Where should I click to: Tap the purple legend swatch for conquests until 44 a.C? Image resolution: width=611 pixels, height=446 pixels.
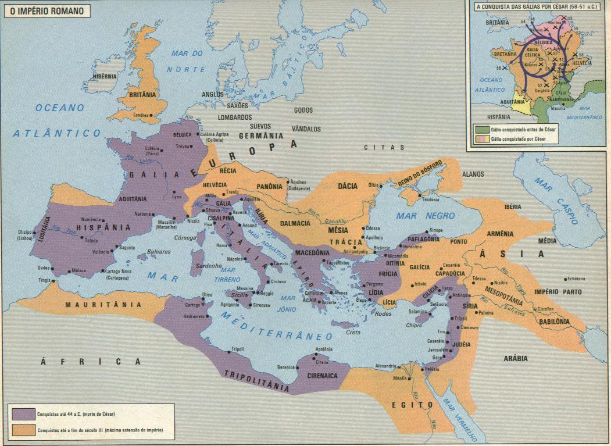point(22,413)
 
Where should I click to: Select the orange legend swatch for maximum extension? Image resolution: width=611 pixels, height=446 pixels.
point(22,430)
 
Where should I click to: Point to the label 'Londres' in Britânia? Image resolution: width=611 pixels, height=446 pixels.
point(141,115)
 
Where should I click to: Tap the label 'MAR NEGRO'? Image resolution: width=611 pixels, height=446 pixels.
point(418,216)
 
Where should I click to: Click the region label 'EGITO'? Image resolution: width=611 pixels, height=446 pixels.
point(412,404)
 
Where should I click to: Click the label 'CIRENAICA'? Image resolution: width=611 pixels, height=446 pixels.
point(322,376)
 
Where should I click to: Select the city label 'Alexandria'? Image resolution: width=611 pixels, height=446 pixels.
point(384,366)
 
